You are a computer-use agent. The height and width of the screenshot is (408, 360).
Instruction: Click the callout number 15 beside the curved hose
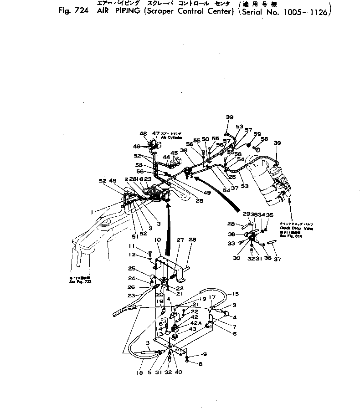(236, 294)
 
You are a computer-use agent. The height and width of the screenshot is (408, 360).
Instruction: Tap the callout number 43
(193, 329)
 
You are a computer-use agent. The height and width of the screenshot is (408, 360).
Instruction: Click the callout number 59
(257, 134)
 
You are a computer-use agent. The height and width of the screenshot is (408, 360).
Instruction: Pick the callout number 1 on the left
(93, 211)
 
